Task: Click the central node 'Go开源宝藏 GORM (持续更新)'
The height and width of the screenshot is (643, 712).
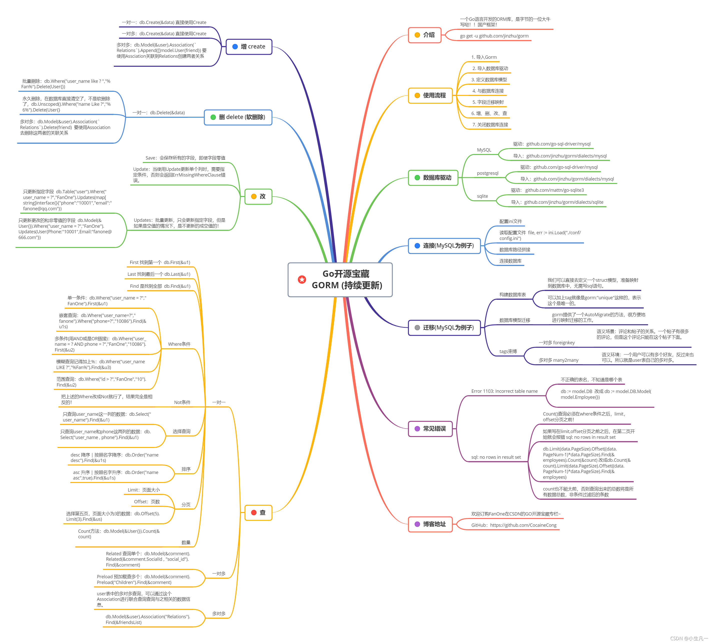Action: point(340,280)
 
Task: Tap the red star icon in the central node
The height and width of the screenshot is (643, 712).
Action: point(302,280)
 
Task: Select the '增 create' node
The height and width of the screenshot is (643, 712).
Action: point(249,46)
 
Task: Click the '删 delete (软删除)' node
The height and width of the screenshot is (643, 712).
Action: point(238,117)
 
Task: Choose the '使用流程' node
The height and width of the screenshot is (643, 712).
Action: point(430,95)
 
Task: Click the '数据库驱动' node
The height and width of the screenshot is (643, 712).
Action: point(433,177)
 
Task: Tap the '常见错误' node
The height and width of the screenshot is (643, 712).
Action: point(430,429)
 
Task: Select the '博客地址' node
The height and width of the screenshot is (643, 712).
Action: point(430,524)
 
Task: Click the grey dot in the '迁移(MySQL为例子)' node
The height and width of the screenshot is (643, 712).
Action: point(417,328)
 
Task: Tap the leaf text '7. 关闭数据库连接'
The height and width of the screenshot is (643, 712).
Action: point(490,125)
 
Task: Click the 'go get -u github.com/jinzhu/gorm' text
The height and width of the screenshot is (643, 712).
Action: point(494,36)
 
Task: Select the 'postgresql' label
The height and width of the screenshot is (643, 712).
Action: point(488,173)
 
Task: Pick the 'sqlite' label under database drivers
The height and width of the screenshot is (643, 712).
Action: point(482,196)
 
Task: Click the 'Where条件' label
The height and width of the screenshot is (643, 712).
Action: point(179,344)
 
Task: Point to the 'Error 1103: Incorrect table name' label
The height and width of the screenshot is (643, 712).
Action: point(504,391)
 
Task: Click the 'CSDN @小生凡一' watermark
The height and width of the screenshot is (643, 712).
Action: point(689,638)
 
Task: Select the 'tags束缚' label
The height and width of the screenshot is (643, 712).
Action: point(508,352)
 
